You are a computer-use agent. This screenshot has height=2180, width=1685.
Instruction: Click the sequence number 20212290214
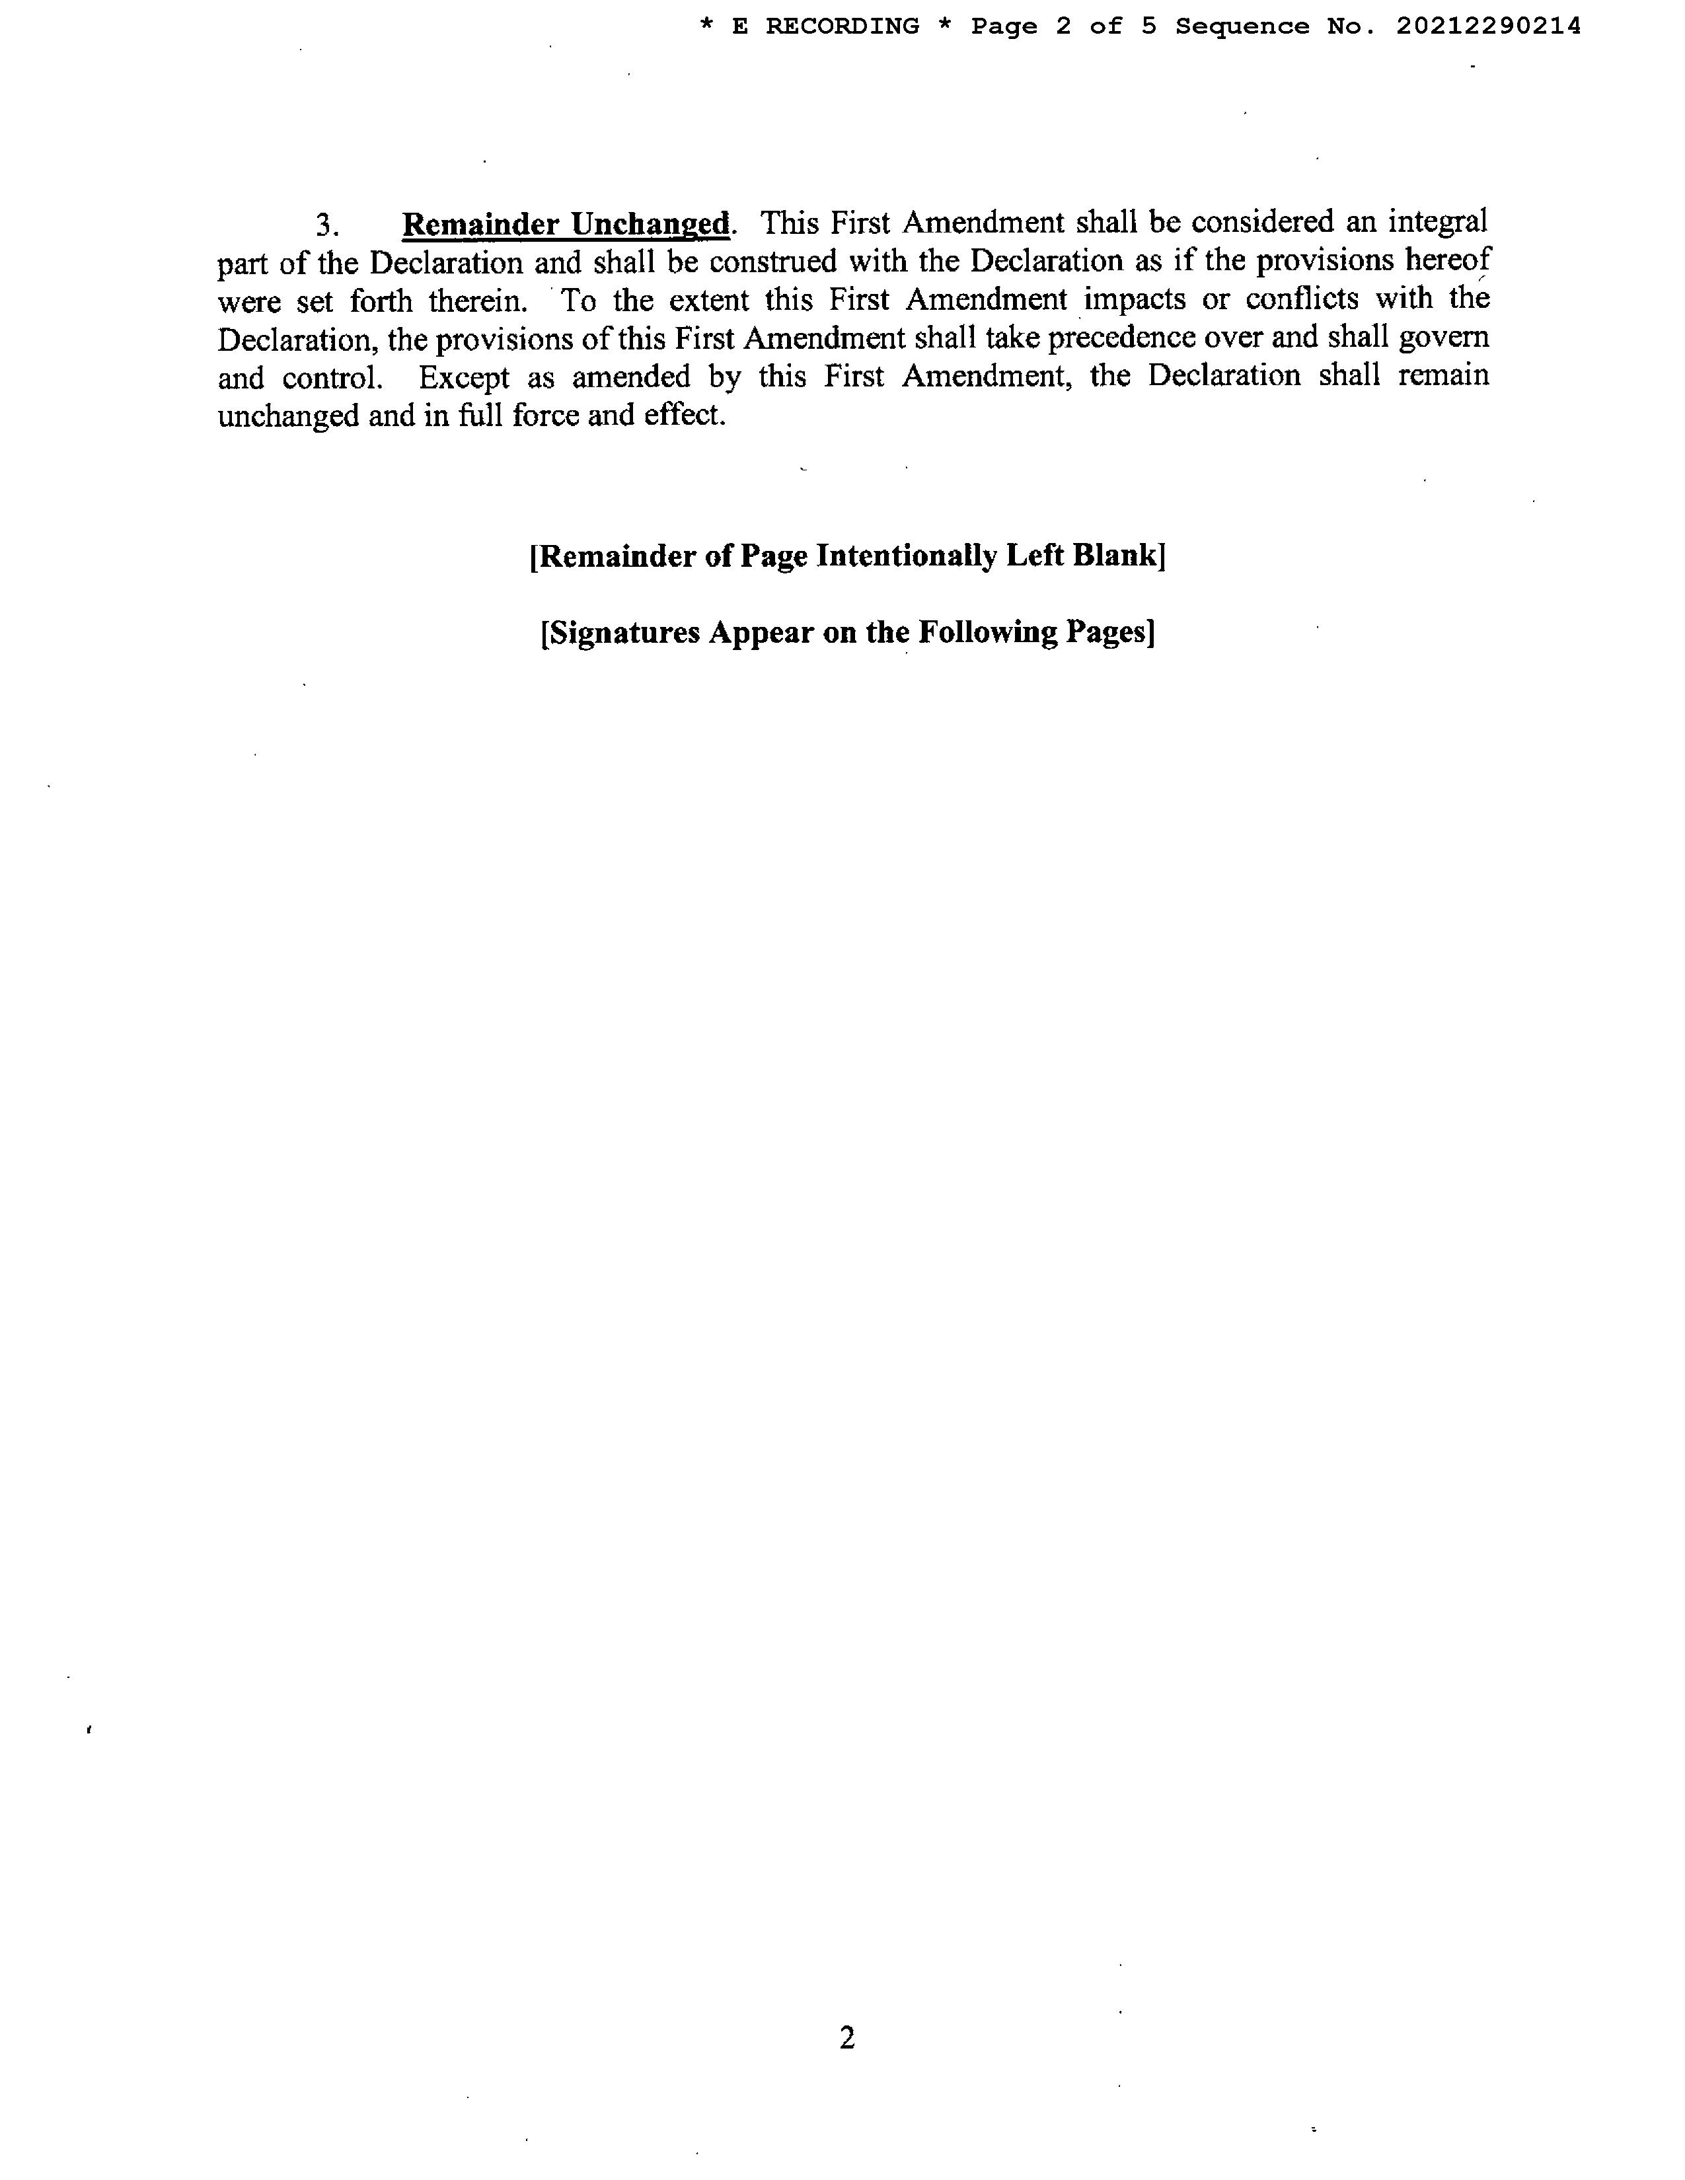coord(1488,27)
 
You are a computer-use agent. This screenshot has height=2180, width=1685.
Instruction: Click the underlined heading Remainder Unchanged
coord(566,223)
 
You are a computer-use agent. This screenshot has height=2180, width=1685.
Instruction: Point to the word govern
coord(1443,338)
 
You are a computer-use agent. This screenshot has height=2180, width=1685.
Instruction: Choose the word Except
coord(464,377)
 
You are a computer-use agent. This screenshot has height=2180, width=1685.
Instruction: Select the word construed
coord(774,262)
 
